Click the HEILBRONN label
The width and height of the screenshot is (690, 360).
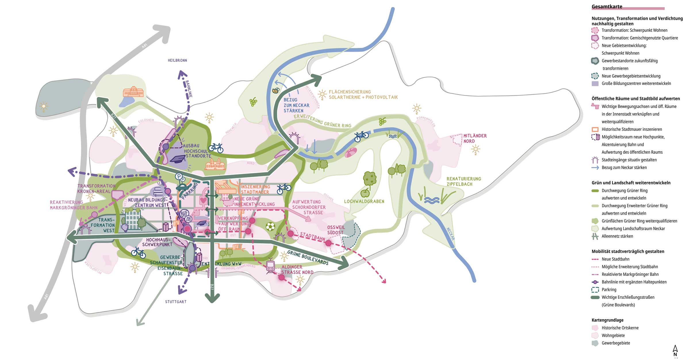(177, 60)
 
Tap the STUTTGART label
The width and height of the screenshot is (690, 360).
(176, 302)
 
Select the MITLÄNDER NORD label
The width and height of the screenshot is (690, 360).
(475, 138)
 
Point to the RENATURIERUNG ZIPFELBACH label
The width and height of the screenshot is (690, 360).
(463, 181)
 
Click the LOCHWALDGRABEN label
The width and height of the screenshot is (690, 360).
(364, 201)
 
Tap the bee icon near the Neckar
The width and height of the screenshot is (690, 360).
(276, 91)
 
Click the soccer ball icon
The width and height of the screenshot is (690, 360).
(270, 227)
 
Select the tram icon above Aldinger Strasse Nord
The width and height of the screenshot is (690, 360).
(270, 266)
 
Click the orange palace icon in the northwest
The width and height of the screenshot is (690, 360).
(133, 92)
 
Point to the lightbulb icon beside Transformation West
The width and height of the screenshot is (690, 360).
(125, 227)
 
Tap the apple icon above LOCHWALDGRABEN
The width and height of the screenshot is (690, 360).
(365, 192)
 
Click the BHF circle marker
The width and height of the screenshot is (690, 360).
(184, 213)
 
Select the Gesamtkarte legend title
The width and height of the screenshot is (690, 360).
(607, 7)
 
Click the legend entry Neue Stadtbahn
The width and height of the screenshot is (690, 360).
(615, 259)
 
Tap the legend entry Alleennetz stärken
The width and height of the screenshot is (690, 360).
(617, 236)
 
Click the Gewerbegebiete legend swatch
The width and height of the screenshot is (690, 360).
(595, 343)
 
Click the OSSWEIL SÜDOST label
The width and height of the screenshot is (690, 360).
(336, 230)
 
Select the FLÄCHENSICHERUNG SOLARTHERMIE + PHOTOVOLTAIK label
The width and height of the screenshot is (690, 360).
(363, 95)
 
